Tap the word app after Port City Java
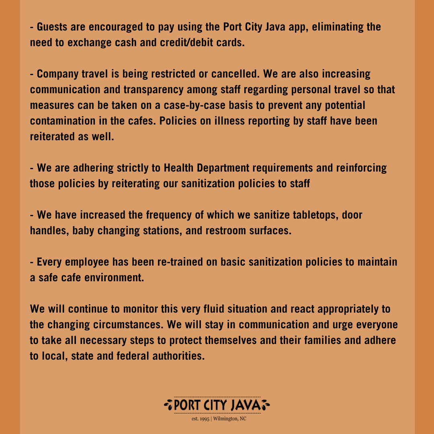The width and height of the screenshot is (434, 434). [289, 27]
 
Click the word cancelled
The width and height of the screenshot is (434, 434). [229, 74]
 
